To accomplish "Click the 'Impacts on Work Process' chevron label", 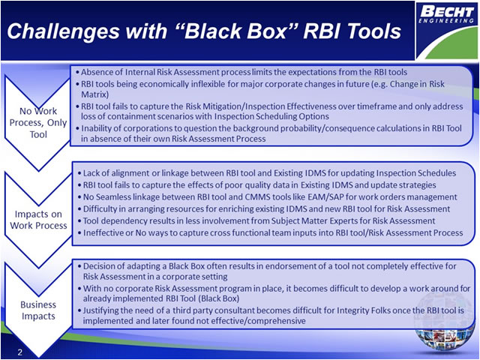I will pyautogui.click(x=37, y=220).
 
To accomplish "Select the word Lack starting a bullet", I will pyautogui.click(x=93, y=173).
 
